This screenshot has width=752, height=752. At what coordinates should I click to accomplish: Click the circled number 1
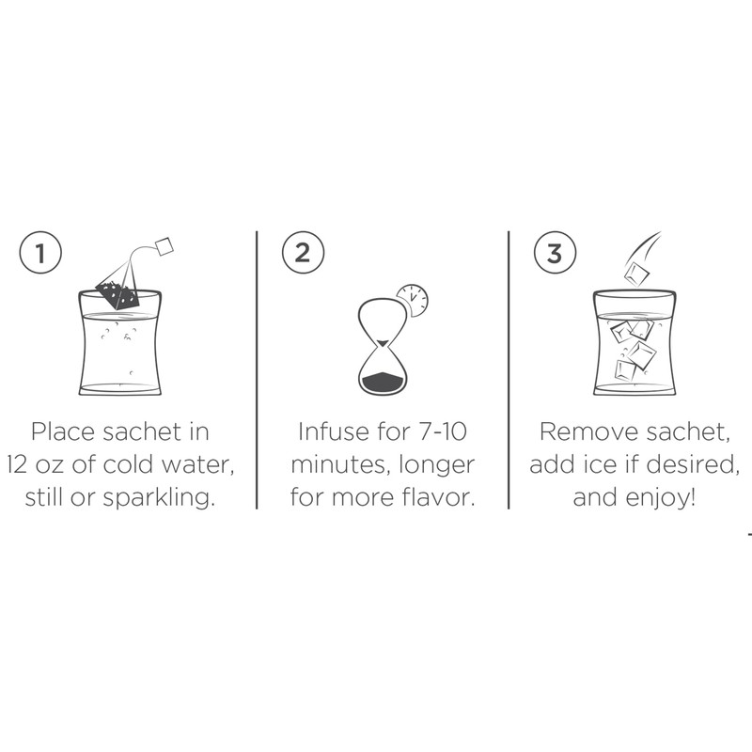point(39,254)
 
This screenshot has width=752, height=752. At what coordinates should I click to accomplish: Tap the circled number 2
point(302,254)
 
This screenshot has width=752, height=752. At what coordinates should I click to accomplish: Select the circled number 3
point(555,254)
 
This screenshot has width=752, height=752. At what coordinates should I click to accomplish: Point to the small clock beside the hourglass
point(412,300)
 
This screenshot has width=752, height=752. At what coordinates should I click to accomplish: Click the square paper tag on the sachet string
point(165,246)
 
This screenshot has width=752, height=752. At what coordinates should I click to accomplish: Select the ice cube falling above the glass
point(638,273)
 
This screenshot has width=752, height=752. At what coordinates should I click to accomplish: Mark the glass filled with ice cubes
point(634,348)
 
